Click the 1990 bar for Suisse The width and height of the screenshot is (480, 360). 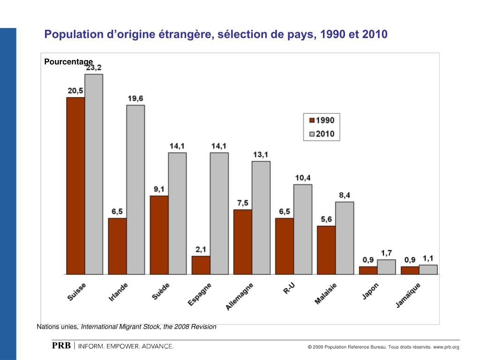75,186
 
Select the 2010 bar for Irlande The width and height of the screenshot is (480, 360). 135,189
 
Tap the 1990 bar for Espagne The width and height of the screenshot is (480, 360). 201,265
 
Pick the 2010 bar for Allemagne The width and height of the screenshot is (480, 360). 261,217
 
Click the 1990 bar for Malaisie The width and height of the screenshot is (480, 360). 326,250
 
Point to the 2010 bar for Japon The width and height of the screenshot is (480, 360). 386,267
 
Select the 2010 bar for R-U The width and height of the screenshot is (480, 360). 303,229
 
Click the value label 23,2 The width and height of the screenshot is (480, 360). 93,67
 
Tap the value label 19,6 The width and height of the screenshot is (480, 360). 135,98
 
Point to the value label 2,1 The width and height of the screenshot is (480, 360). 201,249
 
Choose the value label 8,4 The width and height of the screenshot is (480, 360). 345,195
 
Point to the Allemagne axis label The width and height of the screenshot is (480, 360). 240,296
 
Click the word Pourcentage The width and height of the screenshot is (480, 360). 68,61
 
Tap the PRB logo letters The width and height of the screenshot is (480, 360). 61,346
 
